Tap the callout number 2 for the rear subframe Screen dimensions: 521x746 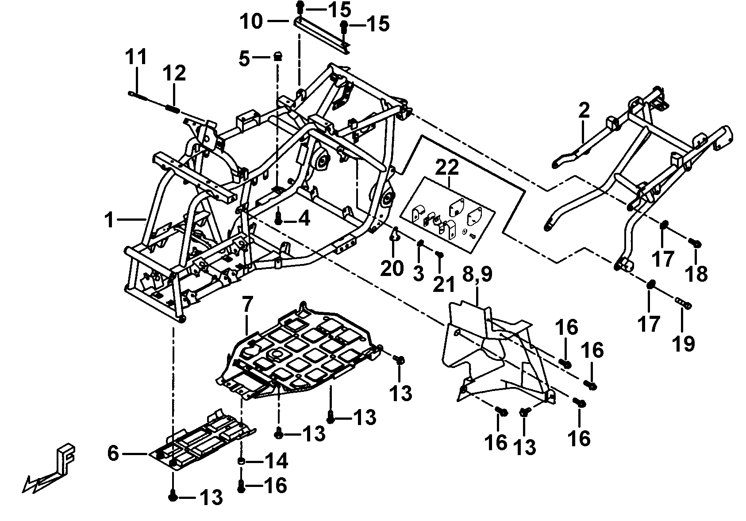(x=584, y=110)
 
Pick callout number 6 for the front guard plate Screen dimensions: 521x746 (x=113, y=453)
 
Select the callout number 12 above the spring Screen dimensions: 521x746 (x=174, y=73)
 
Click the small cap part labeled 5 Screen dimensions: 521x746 (x=278, y=56)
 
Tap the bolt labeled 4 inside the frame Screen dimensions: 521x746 (x=278, y=218)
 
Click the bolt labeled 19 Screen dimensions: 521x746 (x=683, y=304)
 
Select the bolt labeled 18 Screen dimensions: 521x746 (x=695, y=242)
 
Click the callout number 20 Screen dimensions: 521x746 (x=392, y=268)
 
